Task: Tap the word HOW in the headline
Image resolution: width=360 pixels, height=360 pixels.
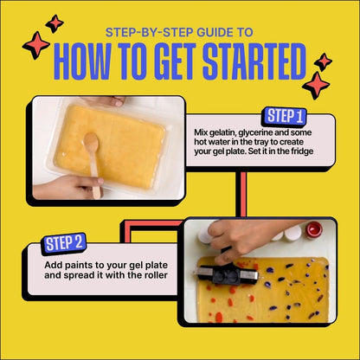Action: pos(89,62)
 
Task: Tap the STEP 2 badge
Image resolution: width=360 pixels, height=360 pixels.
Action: pos(64,244)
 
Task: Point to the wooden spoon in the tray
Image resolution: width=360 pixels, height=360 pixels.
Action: pos(92,164)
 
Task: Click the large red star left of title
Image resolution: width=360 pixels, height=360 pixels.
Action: pos(35,45)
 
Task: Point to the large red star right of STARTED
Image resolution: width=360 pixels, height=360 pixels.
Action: pos(317,85)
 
